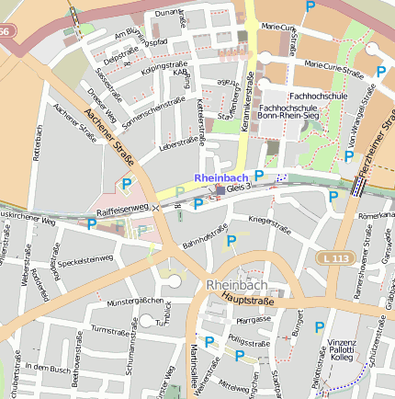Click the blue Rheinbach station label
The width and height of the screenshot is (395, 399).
tap(221, 177)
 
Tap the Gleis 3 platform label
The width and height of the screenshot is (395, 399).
tap(238, 188)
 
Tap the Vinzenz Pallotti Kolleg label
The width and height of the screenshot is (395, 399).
tap(342, 349)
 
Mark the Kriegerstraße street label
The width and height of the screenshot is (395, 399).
tap(269, 222)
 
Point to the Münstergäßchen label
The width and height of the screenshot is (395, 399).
tap(135, 302)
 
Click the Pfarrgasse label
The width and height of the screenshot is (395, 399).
tap(254, 319)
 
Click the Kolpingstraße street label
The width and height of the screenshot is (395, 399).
tap(164, 67)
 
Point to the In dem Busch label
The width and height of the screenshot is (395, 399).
tap(48, 367)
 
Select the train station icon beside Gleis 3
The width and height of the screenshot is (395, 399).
tap(218, 190)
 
